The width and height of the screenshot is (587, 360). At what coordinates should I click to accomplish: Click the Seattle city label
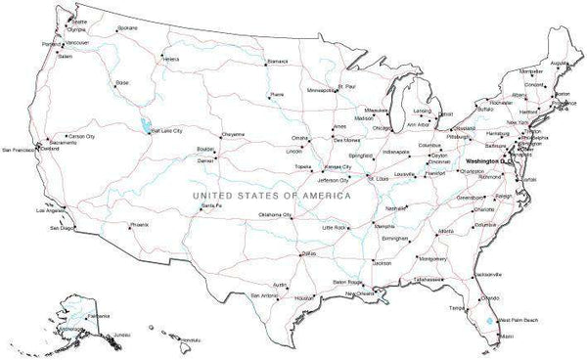(x=66, y=21)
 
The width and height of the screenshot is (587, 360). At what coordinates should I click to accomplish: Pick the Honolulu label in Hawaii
(x=189, y=339)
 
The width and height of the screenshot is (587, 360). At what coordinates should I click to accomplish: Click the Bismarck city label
(x=278, y=61)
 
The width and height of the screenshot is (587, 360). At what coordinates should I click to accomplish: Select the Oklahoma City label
(x=276, y=213)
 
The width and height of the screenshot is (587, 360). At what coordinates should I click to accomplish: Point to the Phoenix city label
(x=140, y=224)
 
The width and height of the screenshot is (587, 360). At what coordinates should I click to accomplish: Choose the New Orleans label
(x=359, y=293)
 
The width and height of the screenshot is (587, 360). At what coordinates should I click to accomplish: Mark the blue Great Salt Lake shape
(x=146, y=125)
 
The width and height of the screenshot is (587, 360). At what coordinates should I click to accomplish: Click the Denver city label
(x=205, y=158)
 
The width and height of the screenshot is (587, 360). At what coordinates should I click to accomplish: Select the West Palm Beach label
(x=518, y=319)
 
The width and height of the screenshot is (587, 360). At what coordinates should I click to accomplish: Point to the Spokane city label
(x=126, y=28)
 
